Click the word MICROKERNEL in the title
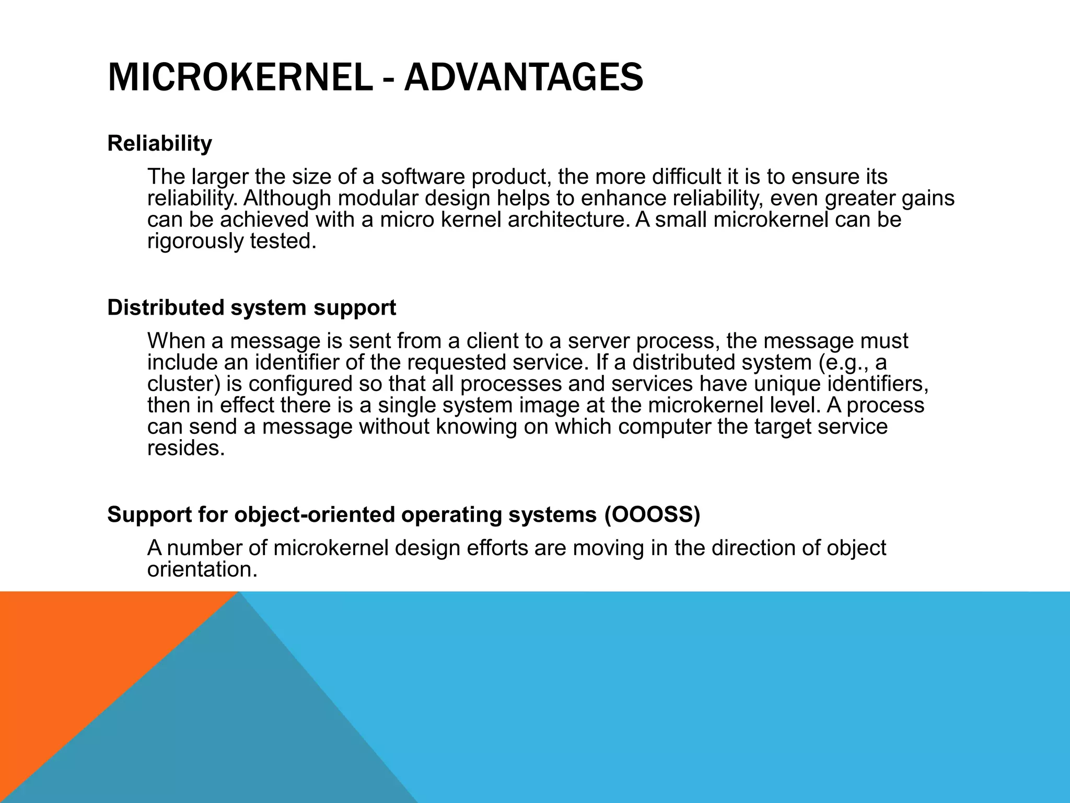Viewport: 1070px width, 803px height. [240, 77]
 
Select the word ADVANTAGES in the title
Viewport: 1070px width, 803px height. [524, 77]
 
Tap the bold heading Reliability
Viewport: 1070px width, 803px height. [159, 143]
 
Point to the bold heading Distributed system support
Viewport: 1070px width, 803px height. [251, 308]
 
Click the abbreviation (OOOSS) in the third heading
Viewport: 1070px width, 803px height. [652, 515]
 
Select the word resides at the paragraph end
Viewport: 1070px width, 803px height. [185, 448]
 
